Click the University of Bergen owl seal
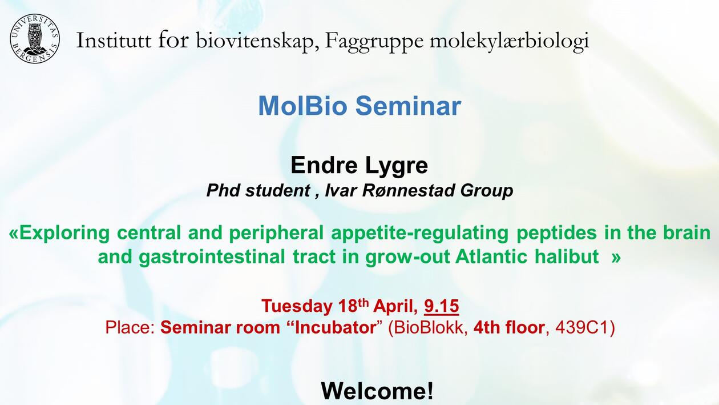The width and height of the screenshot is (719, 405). point(35,39)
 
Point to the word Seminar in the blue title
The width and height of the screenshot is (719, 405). point(409,106)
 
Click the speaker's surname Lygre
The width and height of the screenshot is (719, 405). point(397,166)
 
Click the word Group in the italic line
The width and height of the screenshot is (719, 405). point(487,191)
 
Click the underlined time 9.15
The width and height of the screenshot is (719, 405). point(441,306)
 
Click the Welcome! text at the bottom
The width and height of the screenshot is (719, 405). point(377,391)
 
